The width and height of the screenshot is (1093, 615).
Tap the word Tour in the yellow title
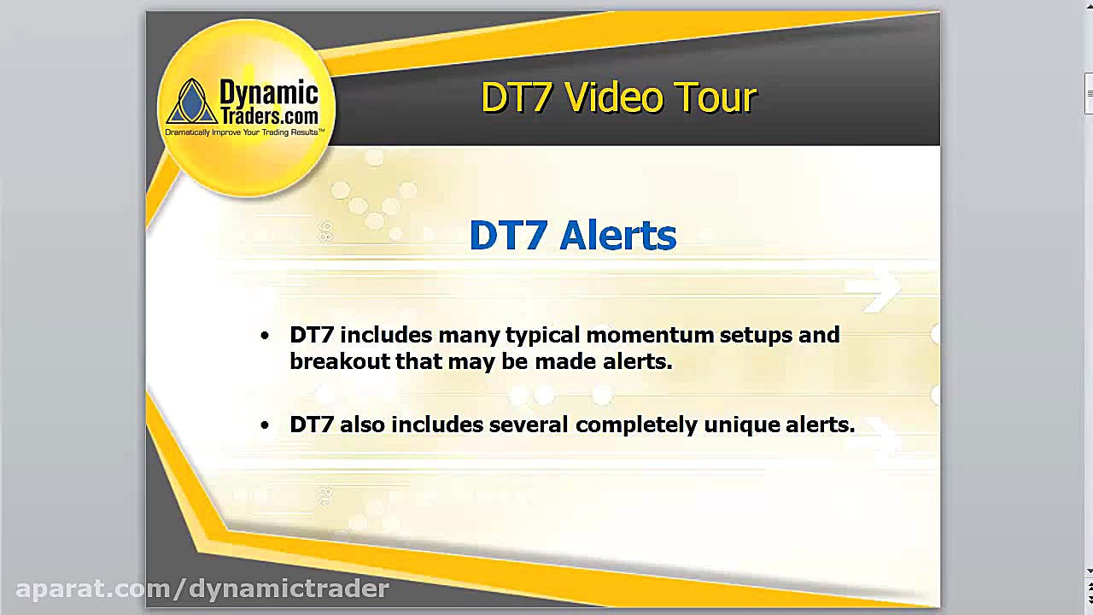coord(716,97)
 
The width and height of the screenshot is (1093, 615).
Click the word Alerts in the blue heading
coord(618,236)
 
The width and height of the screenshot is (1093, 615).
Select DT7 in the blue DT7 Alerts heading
coord(509,236)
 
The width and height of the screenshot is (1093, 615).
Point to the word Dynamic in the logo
coord(268,92)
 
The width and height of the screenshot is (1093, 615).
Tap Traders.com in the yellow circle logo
coord(268,115)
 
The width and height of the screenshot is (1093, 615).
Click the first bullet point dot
coord(265,335)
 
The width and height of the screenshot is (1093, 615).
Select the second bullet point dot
coord(265,425)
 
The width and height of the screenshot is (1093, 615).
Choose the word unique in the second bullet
coord(736,425)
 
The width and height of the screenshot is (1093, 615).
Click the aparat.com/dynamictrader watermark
coord(202,588)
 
